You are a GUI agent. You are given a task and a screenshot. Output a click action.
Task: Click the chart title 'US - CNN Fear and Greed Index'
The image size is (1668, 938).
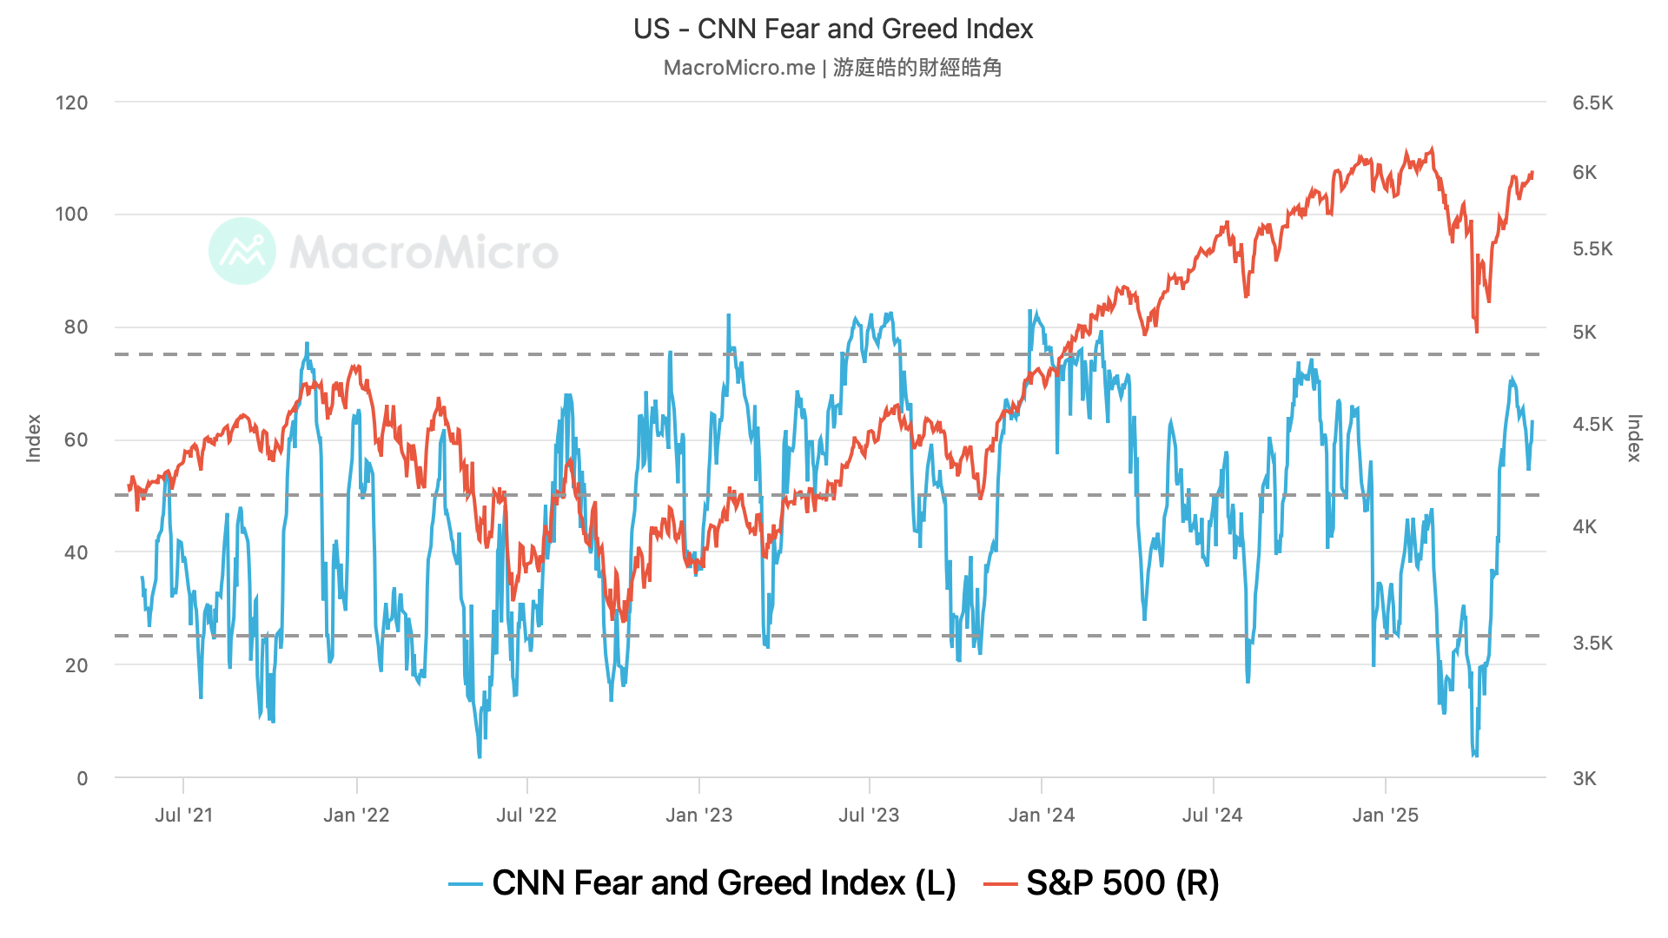coord(833,30)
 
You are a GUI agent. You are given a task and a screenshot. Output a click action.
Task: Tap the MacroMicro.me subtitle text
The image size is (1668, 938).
coord(832,68)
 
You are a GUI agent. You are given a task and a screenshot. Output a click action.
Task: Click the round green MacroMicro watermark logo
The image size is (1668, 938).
coord(242,251)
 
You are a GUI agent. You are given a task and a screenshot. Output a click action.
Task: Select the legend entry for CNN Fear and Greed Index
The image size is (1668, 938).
coord(702,883)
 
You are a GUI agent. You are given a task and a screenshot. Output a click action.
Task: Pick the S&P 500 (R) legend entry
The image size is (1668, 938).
coord(1102,883)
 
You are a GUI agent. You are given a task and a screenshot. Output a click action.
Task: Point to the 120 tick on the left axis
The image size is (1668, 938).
coord(72,103)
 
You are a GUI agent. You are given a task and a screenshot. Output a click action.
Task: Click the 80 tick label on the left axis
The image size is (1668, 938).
coord(76,327)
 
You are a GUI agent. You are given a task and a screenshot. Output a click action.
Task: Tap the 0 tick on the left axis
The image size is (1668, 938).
coord(83,779)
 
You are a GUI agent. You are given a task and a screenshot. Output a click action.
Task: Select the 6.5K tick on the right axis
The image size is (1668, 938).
coord(1592,103)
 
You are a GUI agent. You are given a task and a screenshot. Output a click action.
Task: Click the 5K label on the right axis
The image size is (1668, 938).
coord(1585,333)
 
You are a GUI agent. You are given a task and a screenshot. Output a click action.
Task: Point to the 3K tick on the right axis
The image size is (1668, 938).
coord(1585,779)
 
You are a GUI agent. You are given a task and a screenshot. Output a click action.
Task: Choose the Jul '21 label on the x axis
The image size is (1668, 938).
coord(183,816)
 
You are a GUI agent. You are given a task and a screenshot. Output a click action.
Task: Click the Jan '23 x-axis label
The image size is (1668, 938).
coord(699,816)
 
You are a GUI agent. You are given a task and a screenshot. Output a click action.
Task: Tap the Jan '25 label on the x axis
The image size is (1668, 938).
coord(1386,816)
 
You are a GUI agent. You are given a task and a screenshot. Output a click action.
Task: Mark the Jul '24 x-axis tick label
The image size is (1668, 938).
coord(1213,816)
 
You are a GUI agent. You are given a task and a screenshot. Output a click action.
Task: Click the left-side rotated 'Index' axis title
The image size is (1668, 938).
coord(34,439)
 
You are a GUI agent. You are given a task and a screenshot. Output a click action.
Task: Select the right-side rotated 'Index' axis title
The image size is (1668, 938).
coord(1634,439)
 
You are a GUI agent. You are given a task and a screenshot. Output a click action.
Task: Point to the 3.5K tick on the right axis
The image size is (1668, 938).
coord(1592,644)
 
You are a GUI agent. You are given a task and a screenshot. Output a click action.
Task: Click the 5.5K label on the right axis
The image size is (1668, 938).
coord(1592,249)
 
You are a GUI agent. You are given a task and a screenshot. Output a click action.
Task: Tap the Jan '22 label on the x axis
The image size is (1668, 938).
coord(356,816)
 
